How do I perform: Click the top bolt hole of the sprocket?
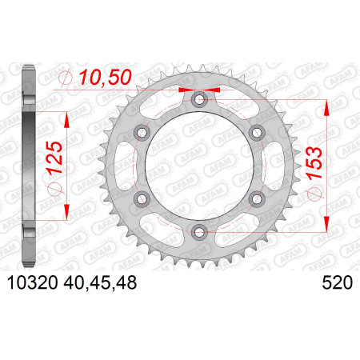pos(199,100)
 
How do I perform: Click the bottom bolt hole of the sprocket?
pos(199,232)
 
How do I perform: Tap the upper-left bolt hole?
pos(142,133)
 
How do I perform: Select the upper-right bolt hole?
pos(257,133)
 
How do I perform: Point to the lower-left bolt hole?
pos(142,198)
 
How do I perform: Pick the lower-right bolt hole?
pos(257,198)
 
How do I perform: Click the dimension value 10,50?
pos(106,78)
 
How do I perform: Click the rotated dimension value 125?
pos(54,158)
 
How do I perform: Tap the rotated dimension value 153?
pos(314,162)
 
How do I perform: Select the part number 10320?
pos(33,282)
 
